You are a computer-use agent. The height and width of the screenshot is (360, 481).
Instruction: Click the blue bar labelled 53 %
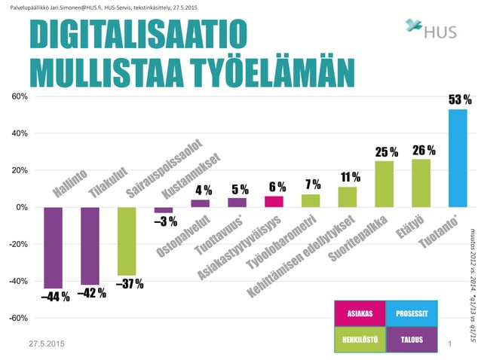pyautogui.click(x=458, y=158)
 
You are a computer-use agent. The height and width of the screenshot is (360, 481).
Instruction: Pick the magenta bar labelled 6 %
pyautogui.click(x=274, y=201)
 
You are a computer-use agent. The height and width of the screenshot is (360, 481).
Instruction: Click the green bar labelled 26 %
pyautogui.click(x=421, y=183)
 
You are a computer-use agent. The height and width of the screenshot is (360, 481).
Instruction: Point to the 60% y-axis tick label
pyautogui.click(x=20, y=97)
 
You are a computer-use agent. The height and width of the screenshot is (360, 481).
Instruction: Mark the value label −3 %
pyautogui.click(x=165, y=221)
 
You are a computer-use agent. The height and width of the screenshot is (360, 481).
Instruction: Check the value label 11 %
pyautogui.click(x=349, y=178)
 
